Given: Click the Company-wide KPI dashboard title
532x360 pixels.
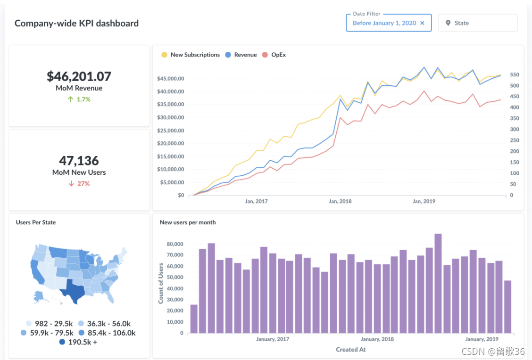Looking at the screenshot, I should pos(76,23).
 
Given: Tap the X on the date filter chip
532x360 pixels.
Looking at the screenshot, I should pos(422,23).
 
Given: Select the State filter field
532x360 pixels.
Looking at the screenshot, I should pos(477,23).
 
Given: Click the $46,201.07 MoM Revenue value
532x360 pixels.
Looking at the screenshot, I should pos(79,76).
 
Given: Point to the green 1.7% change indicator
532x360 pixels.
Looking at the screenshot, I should pos(79,99).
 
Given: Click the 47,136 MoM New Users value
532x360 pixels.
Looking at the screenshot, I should pos(79,161).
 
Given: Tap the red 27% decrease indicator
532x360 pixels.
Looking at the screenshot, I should pos(79,183).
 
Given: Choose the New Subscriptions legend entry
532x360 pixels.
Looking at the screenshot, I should pos(191,55).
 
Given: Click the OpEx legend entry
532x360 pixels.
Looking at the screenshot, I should pos(274,55).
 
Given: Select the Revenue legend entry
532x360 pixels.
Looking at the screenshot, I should pos(241,55).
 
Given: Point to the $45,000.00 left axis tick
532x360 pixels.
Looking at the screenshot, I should pos(170,78).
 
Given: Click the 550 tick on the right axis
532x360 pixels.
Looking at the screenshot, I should pos(514,75).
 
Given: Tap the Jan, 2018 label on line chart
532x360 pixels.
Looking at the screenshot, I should pos(340,201).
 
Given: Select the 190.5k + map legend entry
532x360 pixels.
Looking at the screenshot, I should pos(78,342).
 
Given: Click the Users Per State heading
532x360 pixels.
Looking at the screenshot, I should pos(36,222).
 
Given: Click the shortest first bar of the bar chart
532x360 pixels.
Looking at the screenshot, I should pos(194,319).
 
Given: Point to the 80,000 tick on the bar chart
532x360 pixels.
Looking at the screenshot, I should pos(175,244).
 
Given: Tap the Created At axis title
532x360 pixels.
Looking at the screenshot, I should pos(350,350).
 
